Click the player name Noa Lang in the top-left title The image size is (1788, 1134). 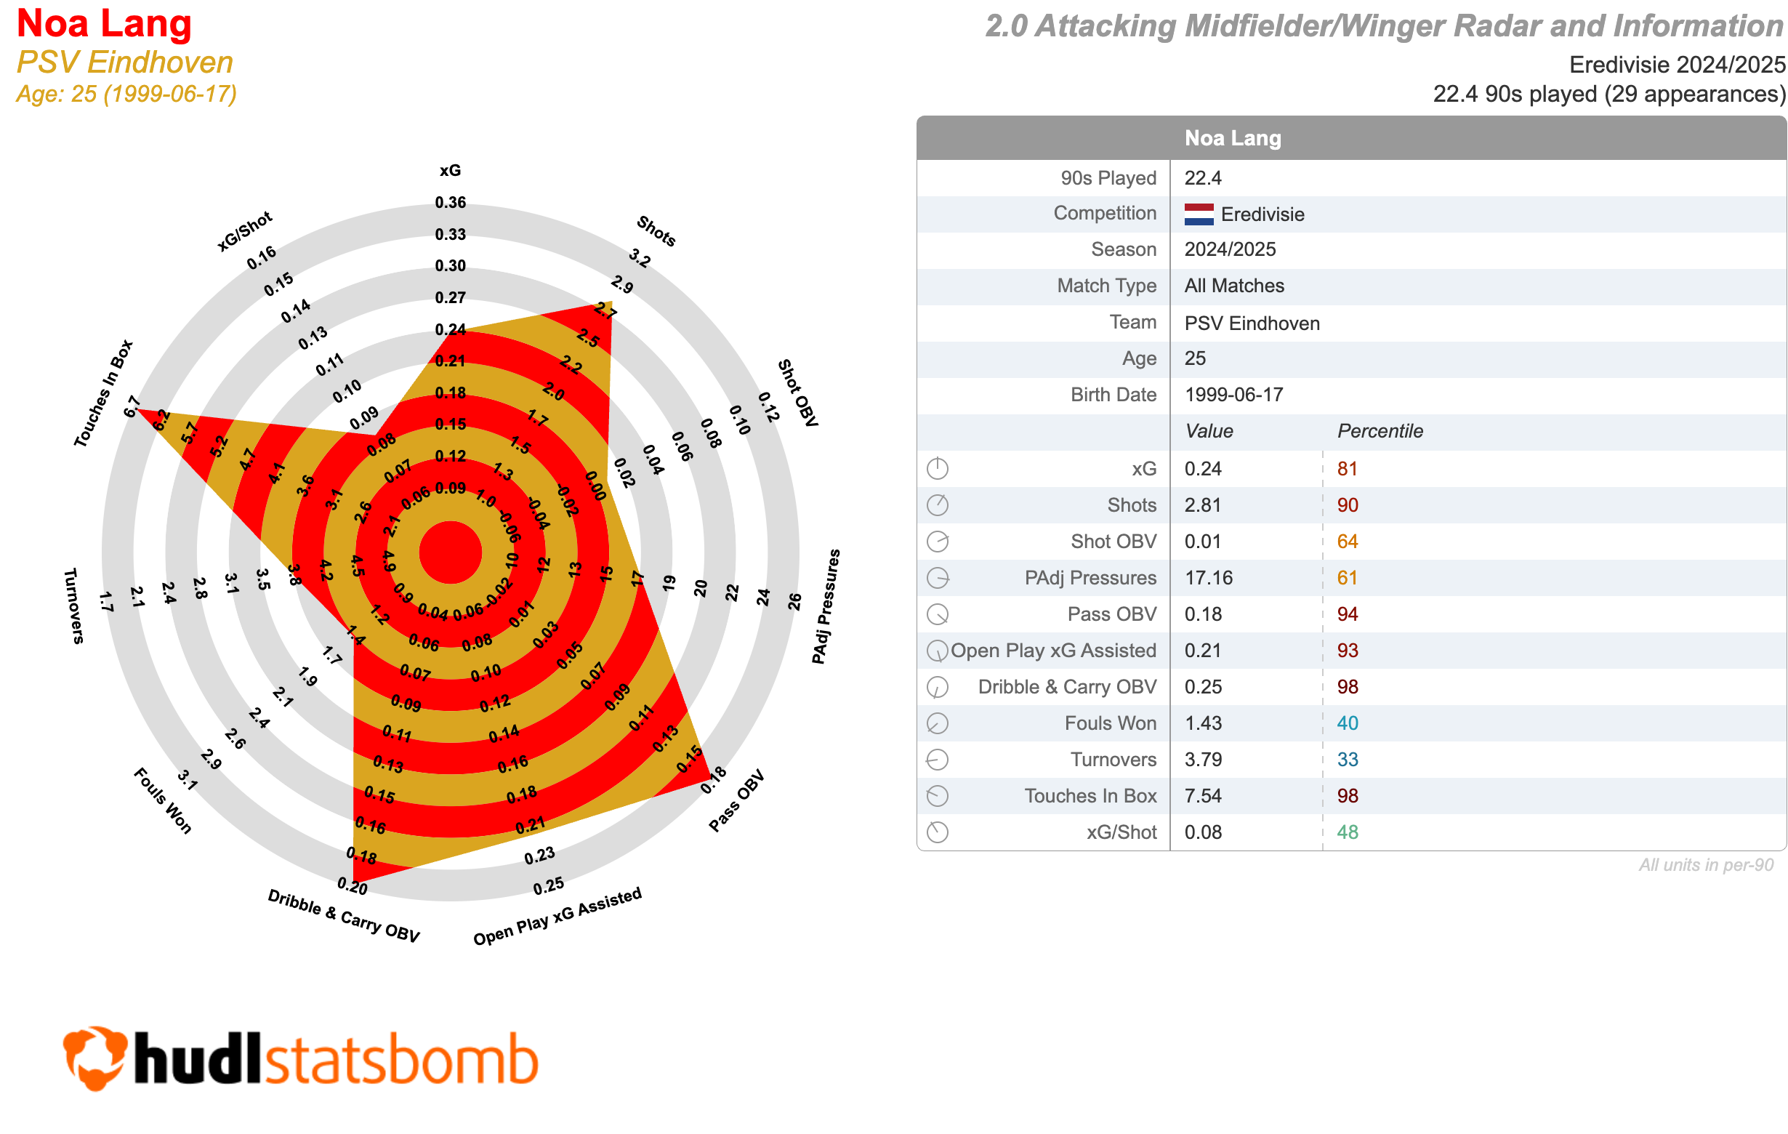pos(104,24)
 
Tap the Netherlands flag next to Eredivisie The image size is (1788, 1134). pos(1199,214)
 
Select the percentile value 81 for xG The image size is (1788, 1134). pos(1347,469)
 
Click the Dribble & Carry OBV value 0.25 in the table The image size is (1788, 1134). pos(1203,687)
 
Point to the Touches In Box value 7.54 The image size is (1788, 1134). pos(1203,796)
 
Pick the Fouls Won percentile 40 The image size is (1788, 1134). pos(1347,723)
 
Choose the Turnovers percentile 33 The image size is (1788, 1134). pos(1347,760)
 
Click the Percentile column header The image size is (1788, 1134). pos(1380,432)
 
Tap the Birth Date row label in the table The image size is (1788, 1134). pos(1113,395)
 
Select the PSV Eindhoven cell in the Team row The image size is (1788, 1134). pos(1252,323)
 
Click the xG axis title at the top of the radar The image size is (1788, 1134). pos(450,170)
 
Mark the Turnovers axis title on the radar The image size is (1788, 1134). pos(73,606)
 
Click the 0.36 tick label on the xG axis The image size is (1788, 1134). pos(450,203)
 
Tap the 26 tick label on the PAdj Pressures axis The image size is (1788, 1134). pos(794,602)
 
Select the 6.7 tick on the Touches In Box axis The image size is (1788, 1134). pos(132,407)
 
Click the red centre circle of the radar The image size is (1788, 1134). pos(450,552)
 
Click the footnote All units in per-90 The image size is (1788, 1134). pos(1706,865)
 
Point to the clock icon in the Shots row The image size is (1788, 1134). pos(937,506)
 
